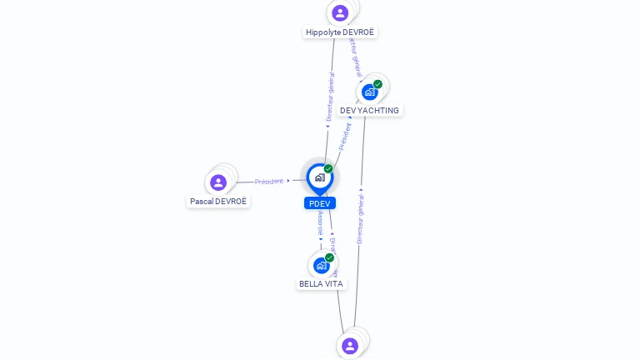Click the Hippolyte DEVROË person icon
point(340,12)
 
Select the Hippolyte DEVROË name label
point(340,32)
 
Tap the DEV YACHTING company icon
point(370,92)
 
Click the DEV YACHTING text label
point(369,111)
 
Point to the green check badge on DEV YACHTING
point(377,84)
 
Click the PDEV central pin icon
point(319,177)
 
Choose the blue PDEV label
point(320,203)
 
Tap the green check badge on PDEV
point(328,168)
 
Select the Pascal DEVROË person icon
point(218,182)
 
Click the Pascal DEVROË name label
point(218,202)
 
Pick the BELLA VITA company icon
point(322,265)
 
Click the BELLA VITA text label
point(321,284)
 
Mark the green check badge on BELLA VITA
point(329,257)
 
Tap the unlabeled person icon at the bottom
point(350,345)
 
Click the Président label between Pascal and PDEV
point(269,181)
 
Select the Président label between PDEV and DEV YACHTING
point(344,136)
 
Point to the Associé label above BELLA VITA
point(321,222)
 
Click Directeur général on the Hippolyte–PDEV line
point(330,97)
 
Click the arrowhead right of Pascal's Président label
point(288,181)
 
